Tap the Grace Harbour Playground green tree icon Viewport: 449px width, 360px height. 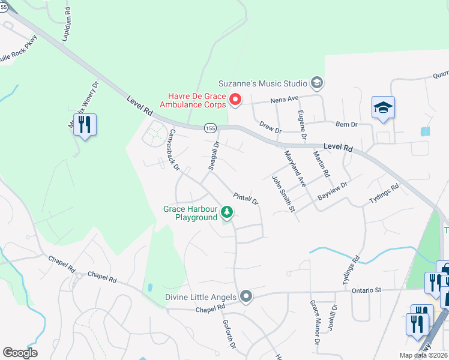point(227,212)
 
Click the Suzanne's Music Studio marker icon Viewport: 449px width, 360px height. point(317,83)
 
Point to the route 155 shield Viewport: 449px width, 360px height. point(209,128)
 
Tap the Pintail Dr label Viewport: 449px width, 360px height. point(246,199)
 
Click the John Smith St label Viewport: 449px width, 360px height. point(284,194)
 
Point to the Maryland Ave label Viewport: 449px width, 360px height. point(295,167)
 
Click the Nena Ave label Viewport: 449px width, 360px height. point(284,98)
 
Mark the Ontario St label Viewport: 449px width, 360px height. point(367,290)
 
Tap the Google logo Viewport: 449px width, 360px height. point(20,352)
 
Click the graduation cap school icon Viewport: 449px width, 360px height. point(383,108)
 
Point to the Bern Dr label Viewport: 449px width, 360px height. point(346,124)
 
